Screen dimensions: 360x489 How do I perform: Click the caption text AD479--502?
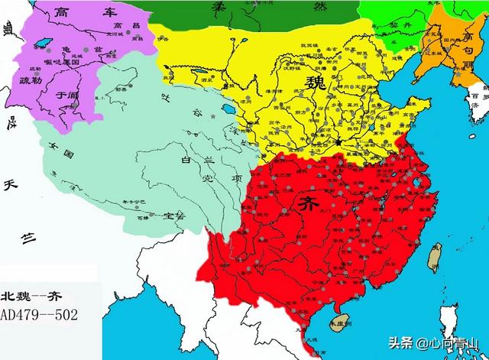(38, 314)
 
